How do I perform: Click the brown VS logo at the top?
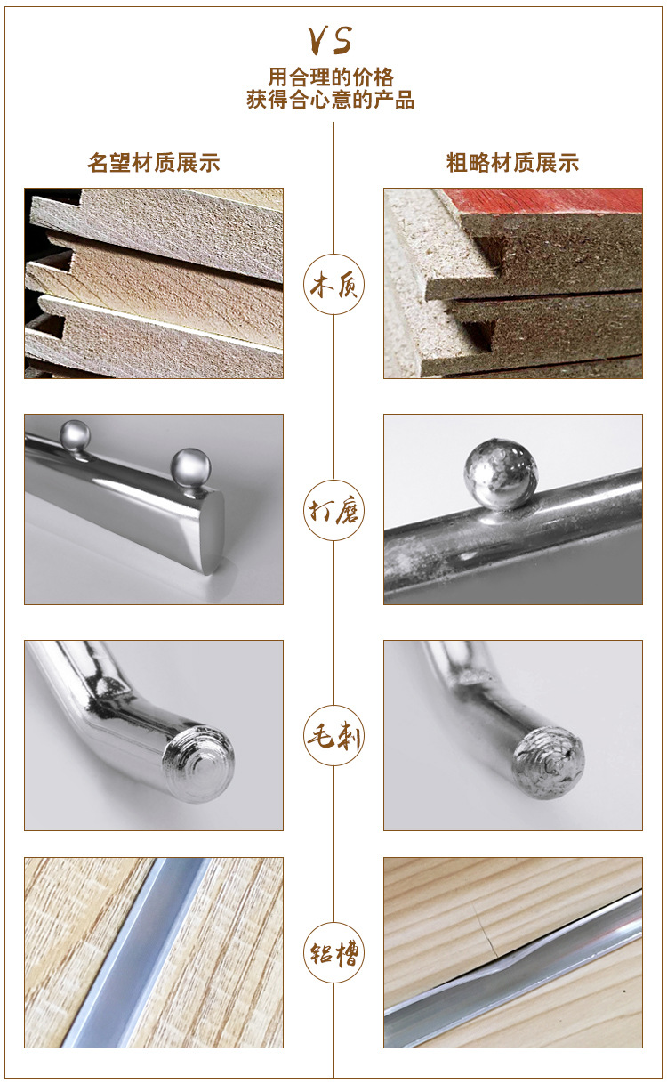point(330,40)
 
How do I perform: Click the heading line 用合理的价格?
point(331,77)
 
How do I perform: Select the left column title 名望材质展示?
point(154,162)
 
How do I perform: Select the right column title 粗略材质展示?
point(512,162)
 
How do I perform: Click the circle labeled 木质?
point(333,284)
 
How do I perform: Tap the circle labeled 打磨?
point(333,510)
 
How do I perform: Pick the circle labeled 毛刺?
point(333,735)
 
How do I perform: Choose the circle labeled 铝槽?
point(333,952)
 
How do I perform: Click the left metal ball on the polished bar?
point(75,435)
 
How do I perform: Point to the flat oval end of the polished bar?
point(212,532)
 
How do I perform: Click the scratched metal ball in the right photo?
point(501,473)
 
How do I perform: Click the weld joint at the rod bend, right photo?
point(470,676)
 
